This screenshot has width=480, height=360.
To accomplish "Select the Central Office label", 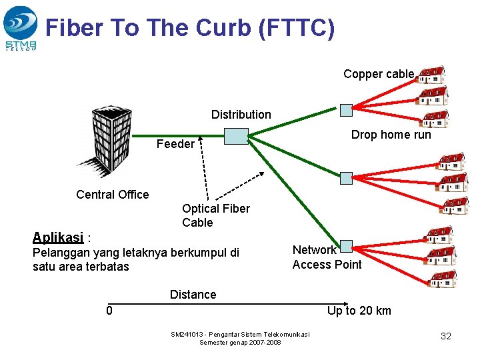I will pyautogui.click(x=113, y=195).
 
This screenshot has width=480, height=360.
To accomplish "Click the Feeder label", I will pyautogui.click(x=175, y=144).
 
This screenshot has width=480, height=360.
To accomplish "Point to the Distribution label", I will pyautogui.click(x=241, y=115).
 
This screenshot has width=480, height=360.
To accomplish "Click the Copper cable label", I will pyautogui.click(x=379, y=74).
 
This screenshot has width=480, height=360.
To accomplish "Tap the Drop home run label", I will pyautogui.click(x=391, y=135).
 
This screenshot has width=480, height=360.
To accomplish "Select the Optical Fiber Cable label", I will pyautogui.click(x=216, y=215).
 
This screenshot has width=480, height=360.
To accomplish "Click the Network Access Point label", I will pyautogui.click(x=327, y=257).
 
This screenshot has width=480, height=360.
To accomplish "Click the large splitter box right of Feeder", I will pyautogui.click(x=236, y=137).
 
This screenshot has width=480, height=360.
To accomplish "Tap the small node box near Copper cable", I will pyautogui.click(x=345, y=109).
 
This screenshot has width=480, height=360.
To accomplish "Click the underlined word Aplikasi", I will pyautogui.click(x=58, y=237).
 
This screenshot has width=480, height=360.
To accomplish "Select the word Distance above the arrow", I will pyautogui.click(x=193, y=295).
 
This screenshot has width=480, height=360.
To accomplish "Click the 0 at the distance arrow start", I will pyautogui.click(x=109, y=311).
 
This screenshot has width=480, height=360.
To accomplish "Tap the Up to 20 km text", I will pyautogui.click(x=359, y=311).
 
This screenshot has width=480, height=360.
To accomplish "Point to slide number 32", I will pyautogui.click(x=446, y=336).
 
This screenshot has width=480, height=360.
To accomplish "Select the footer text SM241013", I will pyautogui.click(x=187, y=334).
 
